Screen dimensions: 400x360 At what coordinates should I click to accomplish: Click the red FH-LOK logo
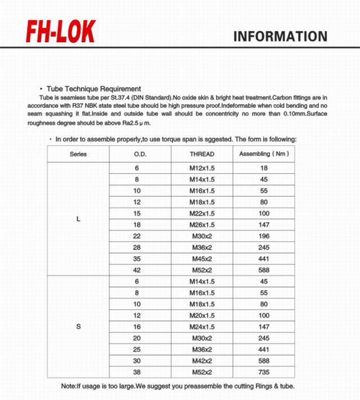click(61, 33)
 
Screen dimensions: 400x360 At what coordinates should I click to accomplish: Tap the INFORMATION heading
click(280, 37)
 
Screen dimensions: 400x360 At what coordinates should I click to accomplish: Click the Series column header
click(78, 154)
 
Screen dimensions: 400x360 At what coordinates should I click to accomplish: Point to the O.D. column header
click(140, 154)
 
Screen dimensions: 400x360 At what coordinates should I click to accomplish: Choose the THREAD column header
click(202, 154)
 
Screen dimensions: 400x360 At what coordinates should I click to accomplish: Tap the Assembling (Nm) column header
click(264, 154)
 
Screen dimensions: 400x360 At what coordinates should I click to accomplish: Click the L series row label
click(78, 219)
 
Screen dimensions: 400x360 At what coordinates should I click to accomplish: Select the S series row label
click(78, 326)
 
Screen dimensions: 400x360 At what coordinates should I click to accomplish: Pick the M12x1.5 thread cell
click(202, 168)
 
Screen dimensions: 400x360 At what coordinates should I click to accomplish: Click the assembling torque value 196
click(264, 236)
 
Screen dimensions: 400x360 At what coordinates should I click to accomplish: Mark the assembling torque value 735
click(264, 372)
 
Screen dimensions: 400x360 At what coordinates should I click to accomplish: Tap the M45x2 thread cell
click(202, 258)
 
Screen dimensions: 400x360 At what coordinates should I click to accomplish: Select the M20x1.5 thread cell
click(202, 315)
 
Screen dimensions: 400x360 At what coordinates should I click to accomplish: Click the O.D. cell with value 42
click(137, 270)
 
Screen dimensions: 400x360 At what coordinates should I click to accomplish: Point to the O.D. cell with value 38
click(137, 372)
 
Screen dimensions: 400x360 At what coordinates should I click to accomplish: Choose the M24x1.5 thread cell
click(202, 326)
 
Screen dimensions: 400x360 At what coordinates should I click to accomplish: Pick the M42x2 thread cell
click(202, 361)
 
